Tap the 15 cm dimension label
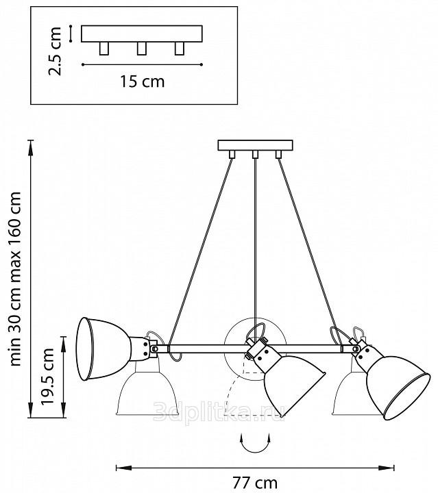pos(142,82)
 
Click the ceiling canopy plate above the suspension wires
pos(255,145)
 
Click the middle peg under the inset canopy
pos(142,48)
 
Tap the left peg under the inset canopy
pos(104,48)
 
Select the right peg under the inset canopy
pos(180,48)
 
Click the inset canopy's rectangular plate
pos(142,34)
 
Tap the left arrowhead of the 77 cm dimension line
pos(117,468)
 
